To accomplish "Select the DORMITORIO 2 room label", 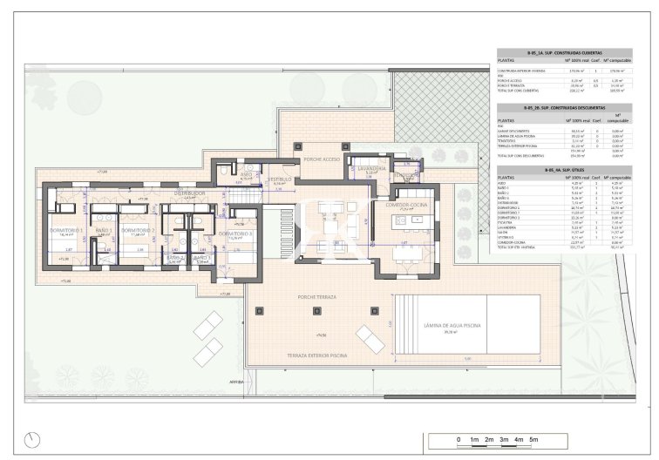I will [x=137, y=231].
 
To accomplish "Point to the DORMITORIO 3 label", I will [x=234, y=233].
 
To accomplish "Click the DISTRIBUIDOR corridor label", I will [x=189, y=193].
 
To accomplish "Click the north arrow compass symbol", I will [x=33, y=438].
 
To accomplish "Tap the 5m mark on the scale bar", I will [x=533, y=440].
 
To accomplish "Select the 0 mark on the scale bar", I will [x=459, y=440].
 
